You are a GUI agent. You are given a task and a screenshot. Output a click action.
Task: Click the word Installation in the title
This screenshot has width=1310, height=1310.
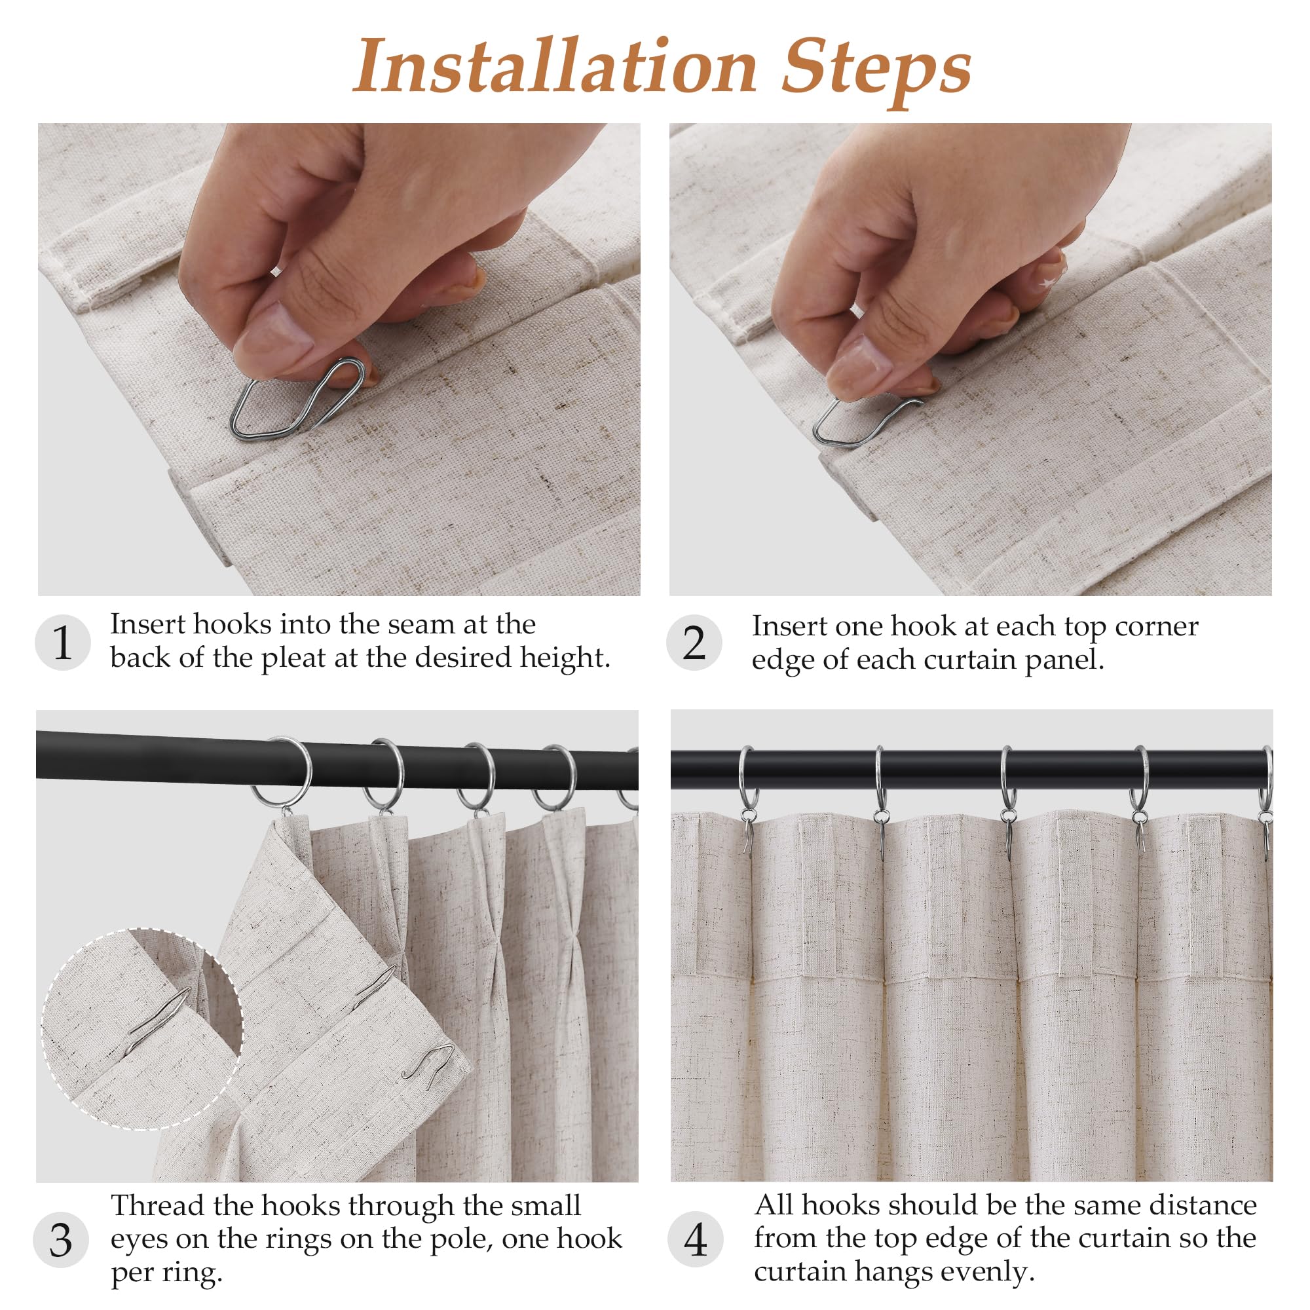[555, 65]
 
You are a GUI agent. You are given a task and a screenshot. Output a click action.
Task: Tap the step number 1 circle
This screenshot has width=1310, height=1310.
[62, 643]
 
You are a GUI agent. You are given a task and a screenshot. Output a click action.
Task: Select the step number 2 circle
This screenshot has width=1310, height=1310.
[694, 643]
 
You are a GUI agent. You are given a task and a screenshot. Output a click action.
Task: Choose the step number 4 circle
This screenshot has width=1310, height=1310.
[695, 1239]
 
